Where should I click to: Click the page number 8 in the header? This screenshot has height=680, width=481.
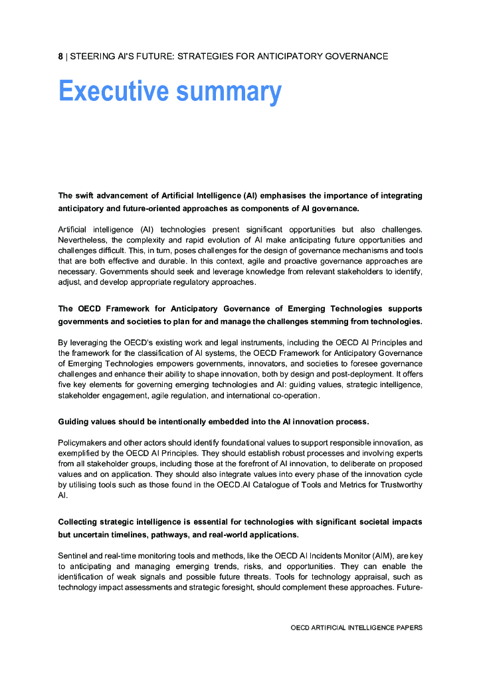click(60, 56)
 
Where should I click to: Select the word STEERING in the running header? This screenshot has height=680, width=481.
click(92, 56)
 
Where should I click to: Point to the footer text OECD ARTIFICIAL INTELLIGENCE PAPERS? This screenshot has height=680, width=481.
click(356, 627)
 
